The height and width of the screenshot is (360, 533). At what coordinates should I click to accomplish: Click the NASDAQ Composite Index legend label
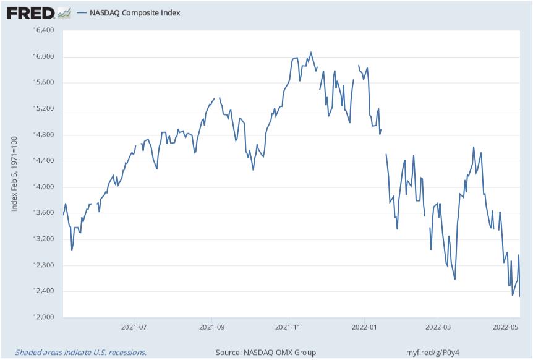(135, 12)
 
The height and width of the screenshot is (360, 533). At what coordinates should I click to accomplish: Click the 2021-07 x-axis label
(134, 327)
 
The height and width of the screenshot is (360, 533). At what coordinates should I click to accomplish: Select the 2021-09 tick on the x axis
(212, 327)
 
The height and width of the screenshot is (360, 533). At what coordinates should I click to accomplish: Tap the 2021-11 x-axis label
(288, 327)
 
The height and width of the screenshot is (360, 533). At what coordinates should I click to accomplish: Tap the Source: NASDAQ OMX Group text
(266, 352)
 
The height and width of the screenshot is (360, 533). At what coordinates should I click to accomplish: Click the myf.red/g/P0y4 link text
(434, 352)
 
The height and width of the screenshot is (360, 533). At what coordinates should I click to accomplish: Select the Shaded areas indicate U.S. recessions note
(80, 352)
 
